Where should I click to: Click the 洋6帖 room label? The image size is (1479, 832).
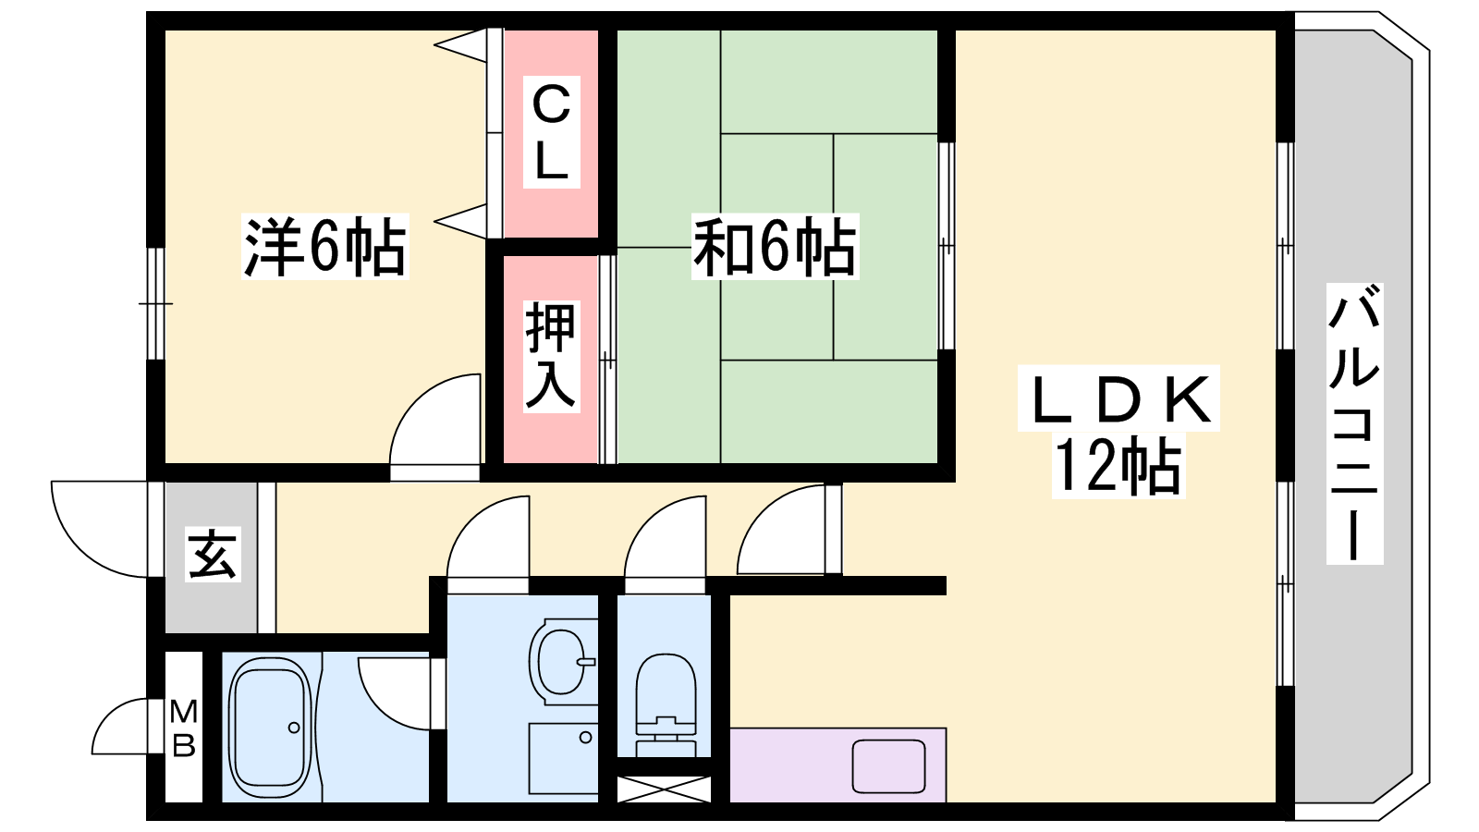coord(324,246)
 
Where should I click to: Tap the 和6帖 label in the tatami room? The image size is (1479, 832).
coord(775,246)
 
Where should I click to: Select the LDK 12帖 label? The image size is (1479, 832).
coord(1118,432)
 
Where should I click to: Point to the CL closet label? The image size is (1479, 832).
coord(551,132)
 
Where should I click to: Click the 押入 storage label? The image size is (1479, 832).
coord(551,357)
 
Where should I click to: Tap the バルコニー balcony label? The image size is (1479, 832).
coord(1355,424)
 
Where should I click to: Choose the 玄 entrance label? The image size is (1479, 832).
coord(213,554)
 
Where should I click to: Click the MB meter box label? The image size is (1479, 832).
coord(184,729)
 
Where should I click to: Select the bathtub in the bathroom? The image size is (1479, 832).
coord(269,727)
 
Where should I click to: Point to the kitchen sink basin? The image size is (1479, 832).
coord(888,766)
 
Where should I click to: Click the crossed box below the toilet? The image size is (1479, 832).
coord(664,789)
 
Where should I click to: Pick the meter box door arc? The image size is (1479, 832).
coord(109,716)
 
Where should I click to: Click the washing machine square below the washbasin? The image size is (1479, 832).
coord(563,763)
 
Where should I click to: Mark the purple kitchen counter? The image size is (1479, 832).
coord(837,765)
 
